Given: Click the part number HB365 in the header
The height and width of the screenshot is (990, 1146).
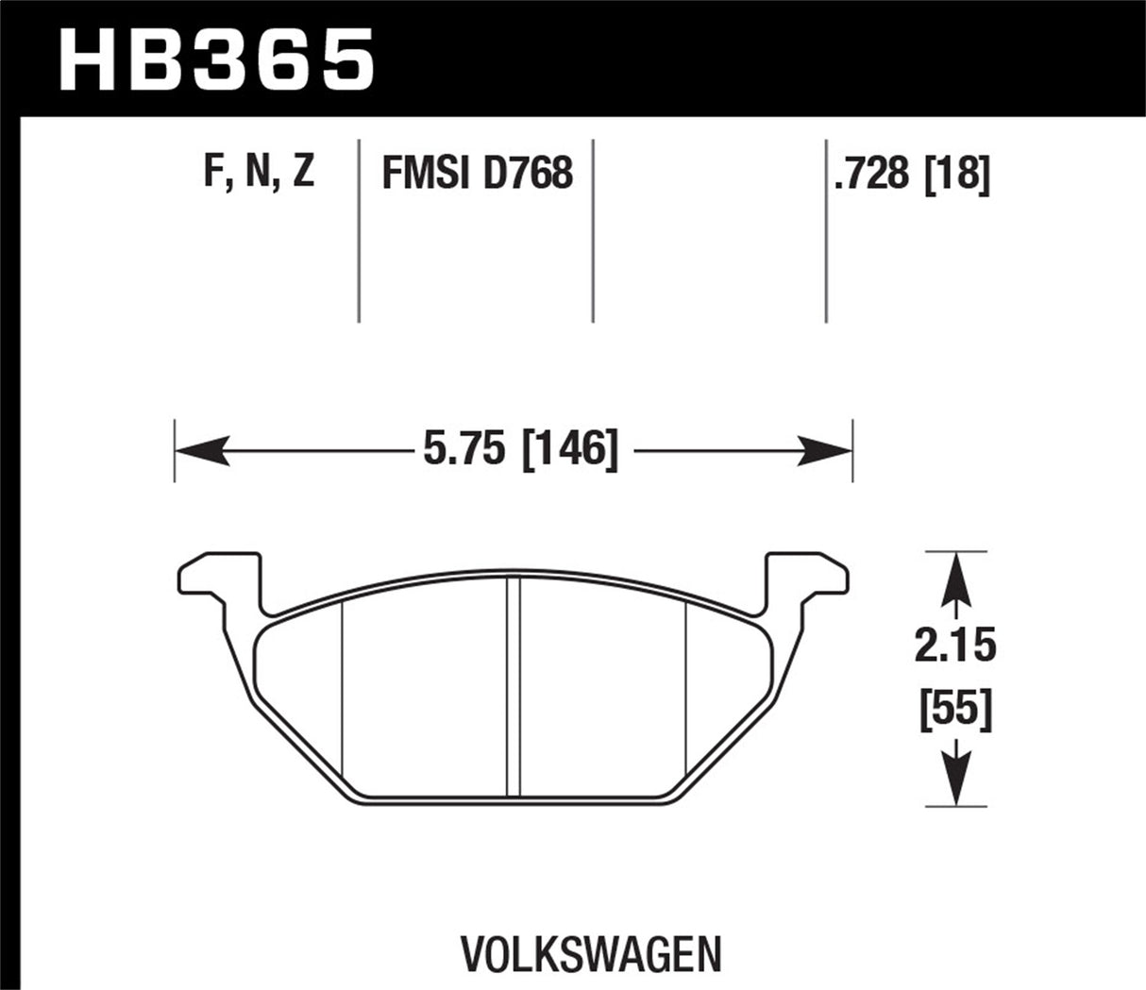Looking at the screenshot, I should [x=216, y=59].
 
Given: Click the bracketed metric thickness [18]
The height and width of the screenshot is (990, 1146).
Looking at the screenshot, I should [x=958, y=174].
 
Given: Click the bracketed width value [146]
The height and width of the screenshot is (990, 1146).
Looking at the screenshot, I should [x=569, y=448].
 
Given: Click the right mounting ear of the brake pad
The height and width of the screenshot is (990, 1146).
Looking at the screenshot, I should [x=807, y=577].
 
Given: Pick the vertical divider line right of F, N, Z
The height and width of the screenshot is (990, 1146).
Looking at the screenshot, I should [x=359, y=231].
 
